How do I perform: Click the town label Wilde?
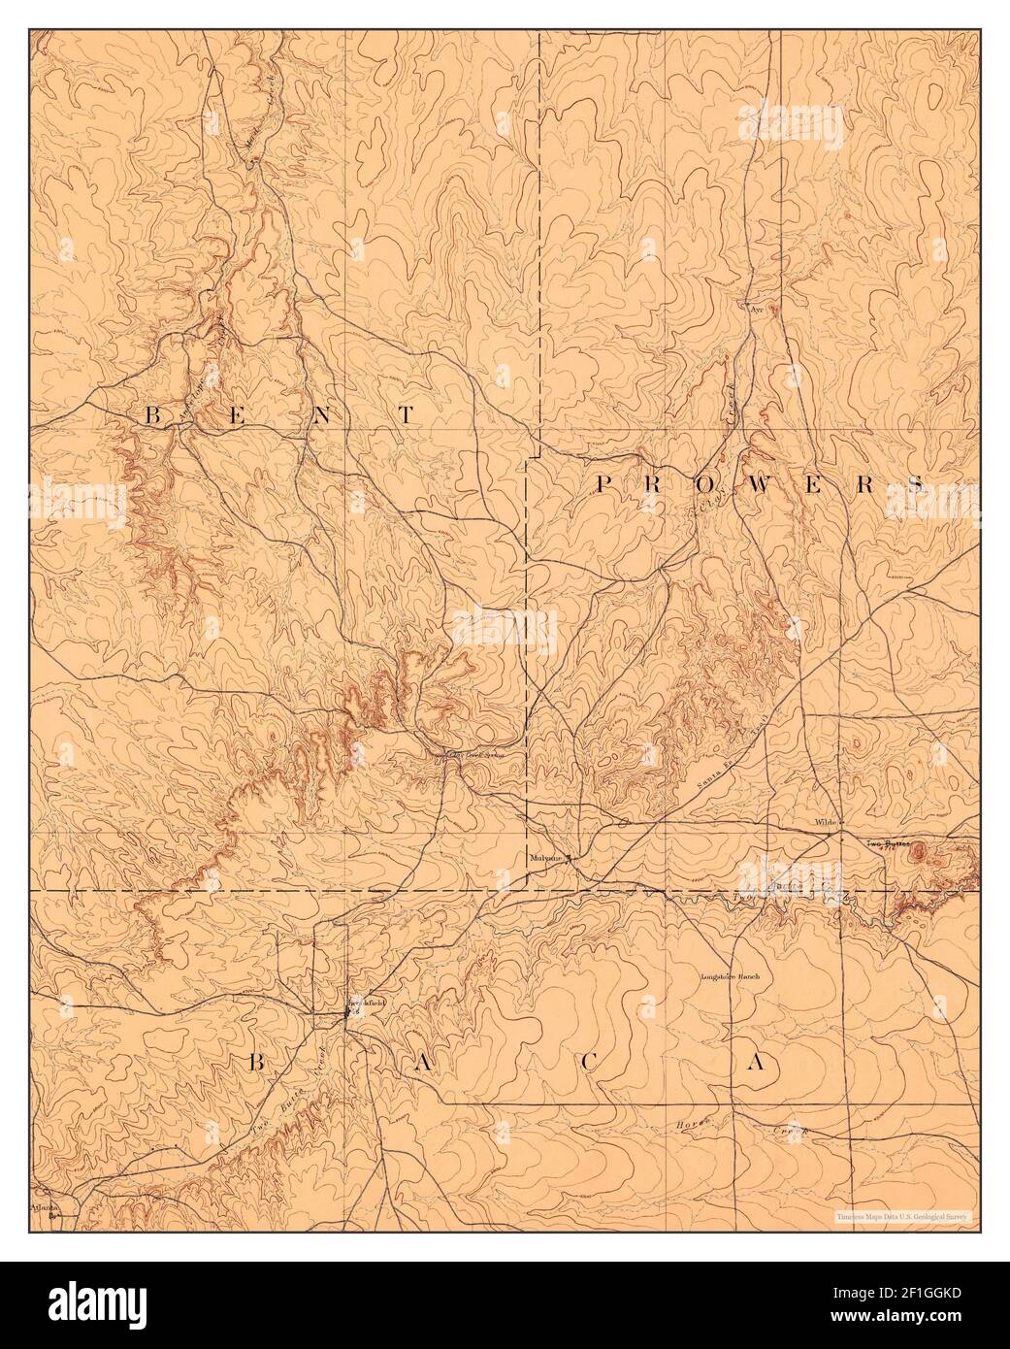826,822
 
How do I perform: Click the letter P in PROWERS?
603,484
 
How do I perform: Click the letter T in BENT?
406,415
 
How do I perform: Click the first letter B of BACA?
256,1064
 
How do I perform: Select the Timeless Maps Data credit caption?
905,1215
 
